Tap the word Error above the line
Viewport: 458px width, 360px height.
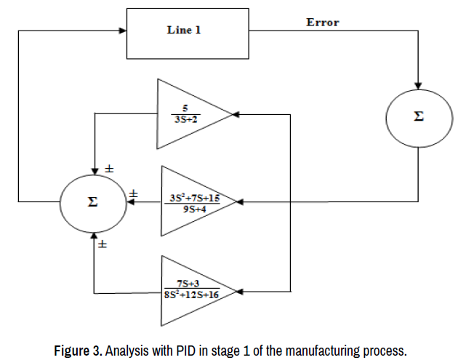(x=323, y=23)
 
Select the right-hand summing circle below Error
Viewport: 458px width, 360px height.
(x=418, y=116)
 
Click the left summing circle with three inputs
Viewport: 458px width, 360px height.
(x=92, y=201)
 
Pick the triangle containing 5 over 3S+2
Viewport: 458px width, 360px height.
(x=188, y=113)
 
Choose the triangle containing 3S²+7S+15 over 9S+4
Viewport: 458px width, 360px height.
(x=192, y=201)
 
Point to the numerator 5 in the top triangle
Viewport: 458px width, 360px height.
(x=185, y=108)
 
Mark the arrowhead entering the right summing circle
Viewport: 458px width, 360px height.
(x=418, y=87)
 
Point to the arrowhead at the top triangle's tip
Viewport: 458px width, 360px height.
(x=235, y=114)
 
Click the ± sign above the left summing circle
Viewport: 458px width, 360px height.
(x=110, y=169)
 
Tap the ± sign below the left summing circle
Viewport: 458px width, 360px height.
(x=103, y=246)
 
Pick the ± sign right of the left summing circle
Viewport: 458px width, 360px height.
(x=134, y=193)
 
